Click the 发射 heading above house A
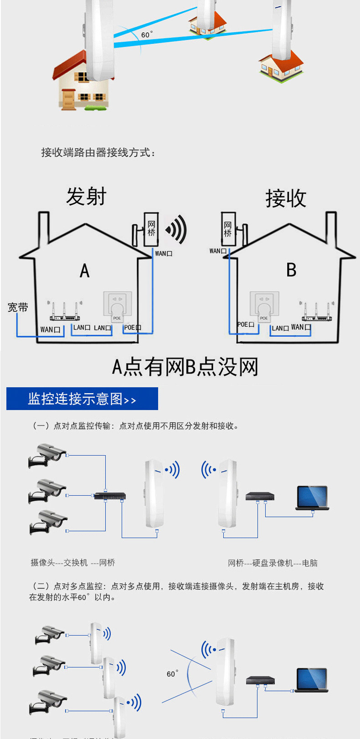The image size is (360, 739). click(x=86, y=196)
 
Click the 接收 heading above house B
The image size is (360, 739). click(x=286, y=198)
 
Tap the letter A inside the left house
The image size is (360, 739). click(x=85, y=271)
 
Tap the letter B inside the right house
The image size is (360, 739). click(x=291, y=270)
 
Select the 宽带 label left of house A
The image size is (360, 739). click(x=18, y=308)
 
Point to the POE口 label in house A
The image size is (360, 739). click(x=132, y=327)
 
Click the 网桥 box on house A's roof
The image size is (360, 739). click(x=151, y=229)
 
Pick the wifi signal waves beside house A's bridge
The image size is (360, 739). click(x=177, y=230)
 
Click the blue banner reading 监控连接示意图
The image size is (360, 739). click(x=82, y=399)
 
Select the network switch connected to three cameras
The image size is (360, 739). click(x=109, y=496)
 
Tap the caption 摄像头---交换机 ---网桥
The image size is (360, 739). click(x=73, y=563)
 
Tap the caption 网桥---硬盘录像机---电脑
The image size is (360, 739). click(x=273, y=563)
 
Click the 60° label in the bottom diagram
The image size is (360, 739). click(x=172, y=673)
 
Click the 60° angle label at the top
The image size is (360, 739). click(x=147, y=35)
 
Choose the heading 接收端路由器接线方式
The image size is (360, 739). click(x=98, y=153)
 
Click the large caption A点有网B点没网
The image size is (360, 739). click(x=185, y=367)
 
